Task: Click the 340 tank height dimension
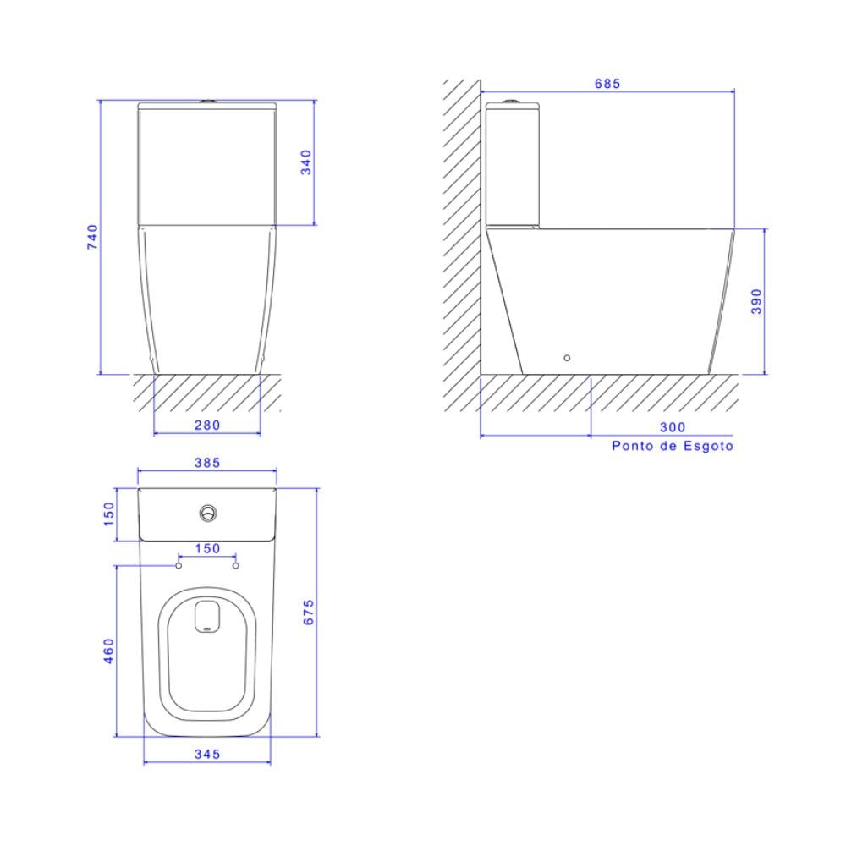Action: (306, 162)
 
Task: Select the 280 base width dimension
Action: (207, 425)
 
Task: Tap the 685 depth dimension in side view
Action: (607, 83)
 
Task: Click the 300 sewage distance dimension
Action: (673, 427)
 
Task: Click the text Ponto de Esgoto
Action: (673, 446)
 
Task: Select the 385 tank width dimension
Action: (207, 462)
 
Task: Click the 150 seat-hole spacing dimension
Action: (207, 548)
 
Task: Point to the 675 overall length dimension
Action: (309, 612)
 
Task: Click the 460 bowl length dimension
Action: (108, 651)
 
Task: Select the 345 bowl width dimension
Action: (207, 753)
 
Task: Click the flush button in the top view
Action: (208, 513)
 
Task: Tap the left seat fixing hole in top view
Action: (179, 564)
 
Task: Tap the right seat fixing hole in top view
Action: (236, 564)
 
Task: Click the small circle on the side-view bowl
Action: (567, 358)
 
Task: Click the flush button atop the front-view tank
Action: (206, 102)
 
